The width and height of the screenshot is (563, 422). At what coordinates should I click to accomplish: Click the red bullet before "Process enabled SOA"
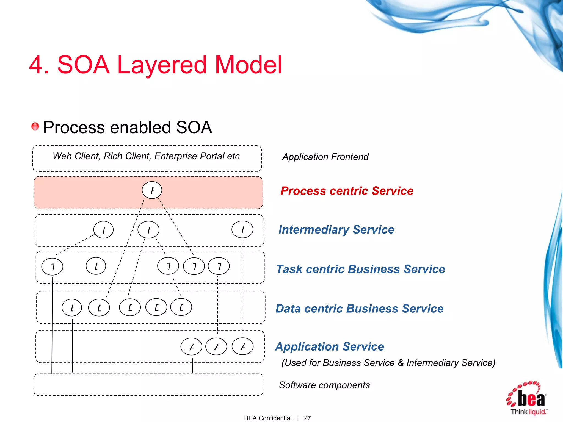click(x=35, y=126)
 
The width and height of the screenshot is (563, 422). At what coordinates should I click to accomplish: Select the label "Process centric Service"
click(x=347, y=191)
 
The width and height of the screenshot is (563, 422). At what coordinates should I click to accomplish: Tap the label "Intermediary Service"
click(x=336, y=229)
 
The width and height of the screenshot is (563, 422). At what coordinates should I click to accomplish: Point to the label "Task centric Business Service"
click(x=360, y=269)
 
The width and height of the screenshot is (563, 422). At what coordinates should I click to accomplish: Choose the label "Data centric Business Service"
click(x=359, y=309)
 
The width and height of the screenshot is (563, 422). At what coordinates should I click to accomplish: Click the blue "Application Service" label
click(x=329, y=346)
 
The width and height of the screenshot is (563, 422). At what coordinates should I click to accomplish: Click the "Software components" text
click(x=324, y=385)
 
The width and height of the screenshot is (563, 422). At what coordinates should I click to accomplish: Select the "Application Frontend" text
click(x=325, y=157)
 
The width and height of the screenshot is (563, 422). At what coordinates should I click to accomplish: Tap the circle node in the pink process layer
click(x=152, y=190)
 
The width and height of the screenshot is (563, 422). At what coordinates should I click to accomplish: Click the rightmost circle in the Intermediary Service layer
click(x=242, y=229)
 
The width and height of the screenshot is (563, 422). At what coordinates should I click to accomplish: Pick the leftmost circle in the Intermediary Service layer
click(x=103, y=230)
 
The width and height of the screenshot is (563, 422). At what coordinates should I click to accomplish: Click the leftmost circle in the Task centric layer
click(x=52, y=266)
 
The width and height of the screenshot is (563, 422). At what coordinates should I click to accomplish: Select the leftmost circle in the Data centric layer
click(x=72, y=308)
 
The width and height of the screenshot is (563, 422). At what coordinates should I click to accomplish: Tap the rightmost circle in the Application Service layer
click(x=242, y=347)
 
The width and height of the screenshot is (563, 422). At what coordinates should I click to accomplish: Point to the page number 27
click(x=307, y=418)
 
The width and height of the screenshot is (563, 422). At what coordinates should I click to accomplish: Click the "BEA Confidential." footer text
click(x=268, y=418)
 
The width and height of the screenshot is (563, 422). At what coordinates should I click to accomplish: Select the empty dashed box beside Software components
click(x=148, y=385)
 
